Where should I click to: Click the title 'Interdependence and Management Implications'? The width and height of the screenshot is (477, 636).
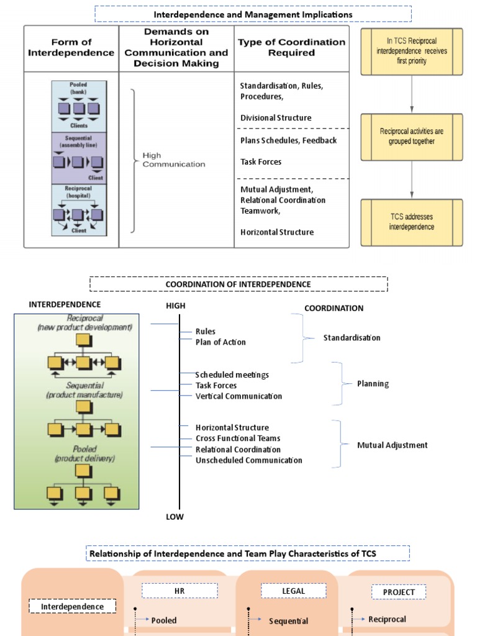coord(253,14)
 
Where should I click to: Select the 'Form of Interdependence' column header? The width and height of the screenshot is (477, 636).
coord(71,47)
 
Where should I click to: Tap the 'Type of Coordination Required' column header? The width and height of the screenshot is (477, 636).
coord(291,47)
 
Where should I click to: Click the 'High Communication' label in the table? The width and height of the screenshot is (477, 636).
coord(173,160)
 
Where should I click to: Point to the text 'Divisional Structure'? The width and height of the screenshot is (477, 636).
coord(276,118)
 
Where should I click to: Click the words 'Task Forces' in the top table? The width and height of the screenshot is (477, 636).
coord(261,162)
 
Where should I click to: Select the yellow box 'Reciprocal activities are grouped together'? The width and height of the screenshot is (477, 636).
coord(411,137)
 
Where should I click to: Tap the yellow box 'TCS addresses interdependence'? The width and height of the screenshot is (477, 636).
coord(411,222)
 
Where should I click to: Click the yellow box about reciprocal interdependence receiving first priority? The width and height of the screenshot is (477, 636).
coord(411,52)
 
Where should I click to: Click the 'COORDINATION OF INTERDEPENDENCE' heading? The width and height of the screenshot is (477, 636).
coord(238,284)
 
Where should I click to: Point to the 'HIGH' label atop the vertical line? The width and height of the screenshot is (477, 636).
coord(175,306)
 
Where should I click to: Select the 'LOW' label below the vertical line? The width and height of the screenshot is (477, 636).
coord(175,517)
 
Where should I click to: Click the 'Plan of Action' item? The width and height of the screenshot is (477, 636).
coord(220,342)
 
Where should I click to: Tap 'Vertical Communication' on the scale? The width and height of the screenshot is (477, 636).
coord(238,396)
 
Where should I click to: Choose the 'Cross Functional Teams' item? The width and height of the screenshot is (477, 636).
coord(238,438)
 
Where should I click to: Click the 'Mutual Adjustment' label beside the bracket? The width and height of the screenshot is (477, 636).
coord(392,445)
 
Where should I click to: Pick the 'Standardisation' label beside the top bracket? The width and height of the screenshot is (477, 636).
coord(352,338)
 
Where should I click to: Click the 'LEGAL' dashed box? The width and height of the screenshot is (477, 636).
coord(293,591)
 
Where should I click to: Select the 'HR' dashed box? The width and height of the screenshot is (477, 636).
coord(179,591)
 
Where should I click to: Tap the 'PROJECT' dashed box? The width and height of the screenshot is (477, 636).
coord(399,593)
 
